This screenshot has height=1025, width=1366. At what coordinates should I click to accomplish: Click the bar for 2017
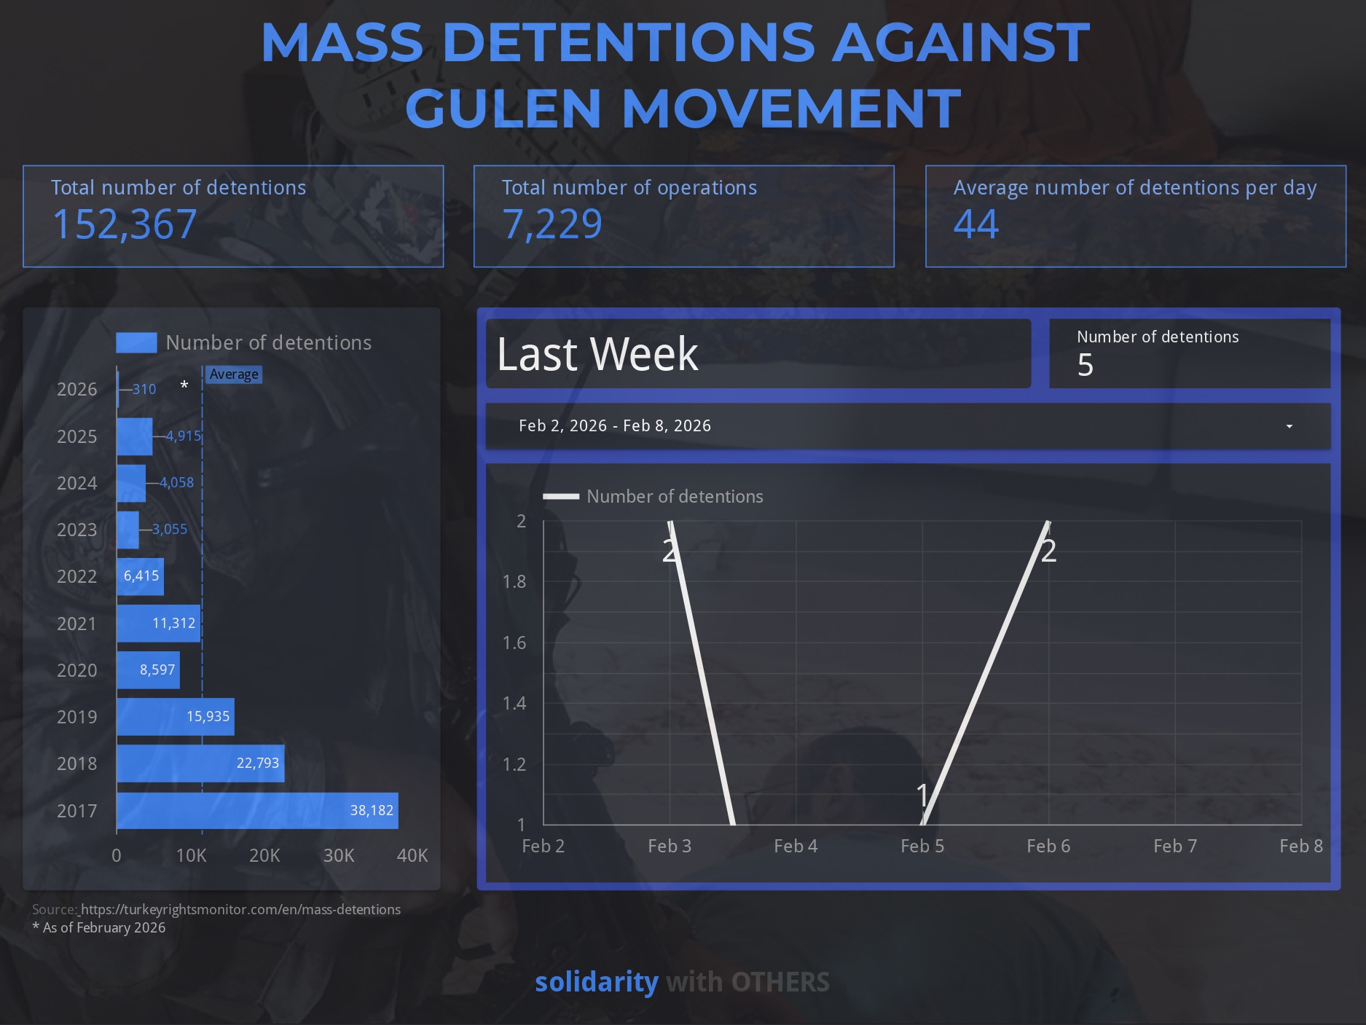(257, 811)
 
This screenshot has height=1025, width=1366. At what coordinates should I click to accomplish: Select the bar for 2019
(175, 717)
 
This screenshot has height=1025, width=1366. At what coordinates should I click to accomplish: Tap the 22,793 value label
(258, 763)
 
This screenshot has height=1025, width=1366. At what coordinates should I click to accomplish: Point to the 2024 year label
(76, 483)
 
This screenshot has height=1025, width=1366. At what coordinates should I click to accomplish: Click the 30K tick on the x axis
(339, 855)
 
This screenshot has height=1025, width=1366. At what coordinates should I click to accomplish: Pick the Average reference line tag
(234, 374)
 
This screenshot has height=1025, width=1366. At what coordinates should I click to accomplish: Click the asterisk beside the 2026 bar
(184, 385)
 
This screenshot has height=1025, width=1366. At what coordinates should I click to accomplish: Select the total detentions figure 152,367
(125, 224)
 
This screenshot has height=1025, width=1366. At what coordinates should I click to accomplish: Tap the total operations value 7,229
(552, 224)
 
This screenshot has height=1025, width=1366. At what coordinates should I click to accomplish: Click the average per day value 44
(976, 224)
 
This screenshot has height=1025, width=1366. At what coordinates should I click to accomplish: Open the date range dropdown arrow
(1289, 426)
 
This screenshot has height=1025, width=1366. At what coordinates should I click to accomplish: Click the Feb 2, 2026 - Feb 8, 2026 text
(614, 425)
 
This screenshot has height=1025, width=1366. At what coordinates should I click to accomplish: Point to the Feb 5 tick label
(922, 846)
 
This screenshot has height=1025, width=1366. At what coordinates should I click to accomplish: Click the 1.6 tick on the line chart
(514, 643)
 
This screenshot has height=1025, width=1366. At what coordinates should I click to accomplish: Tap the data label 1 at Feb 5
(922, 795)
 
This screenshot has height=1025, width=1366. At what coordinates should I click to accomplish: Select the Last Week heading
(597, 354)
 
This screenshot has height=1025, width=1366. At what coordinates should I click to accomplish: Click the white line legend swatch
(561, 497)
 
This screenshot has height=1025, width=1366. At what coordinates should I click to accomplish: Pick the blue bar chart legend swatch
(136, 342)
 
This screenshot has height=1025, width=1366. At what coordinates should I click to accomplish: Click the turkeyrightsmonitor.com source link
(240, 909)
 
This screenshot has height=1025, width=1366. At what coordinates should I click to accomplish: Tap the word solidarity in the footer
(596, 982)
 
